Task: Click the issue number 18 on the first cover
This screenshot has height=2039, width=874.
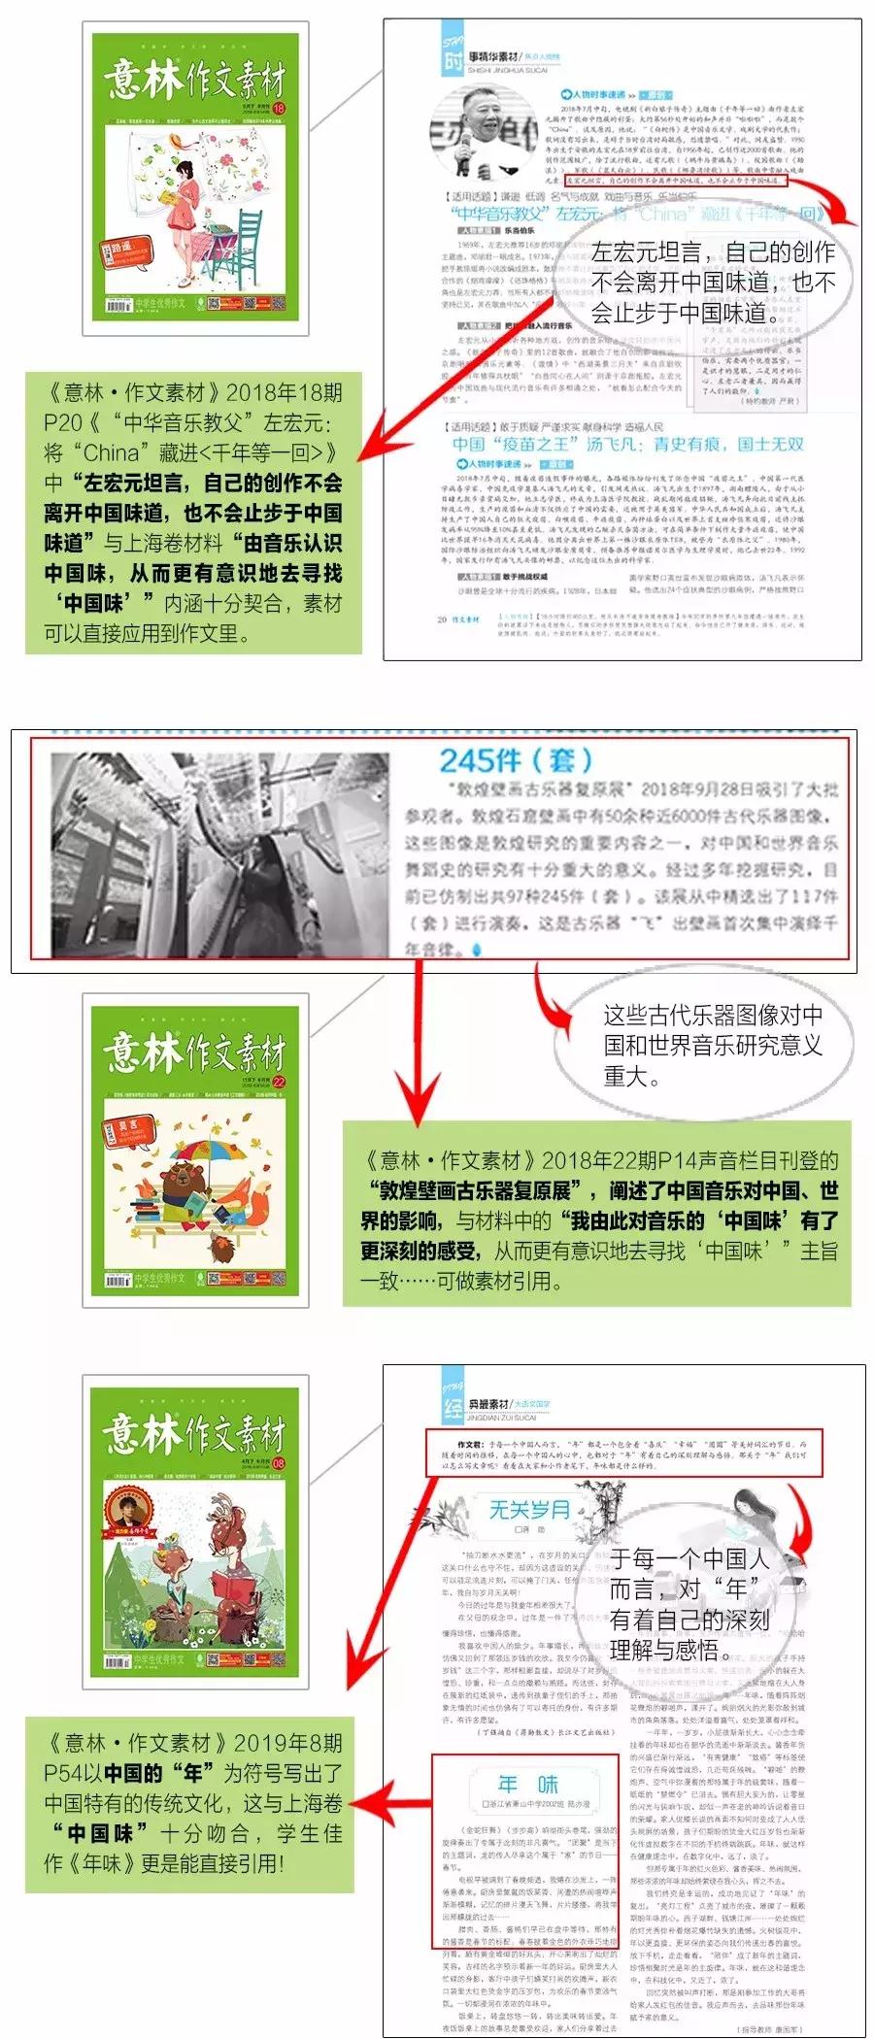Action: (280, 109)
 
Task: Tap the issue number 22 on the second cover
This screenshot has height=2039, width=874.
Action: (280, 1082)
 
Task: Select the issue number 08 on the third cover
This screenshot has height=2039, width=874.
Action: (280, 1462)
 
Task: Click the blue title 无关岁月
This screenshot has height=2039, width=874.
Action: (529, 1509)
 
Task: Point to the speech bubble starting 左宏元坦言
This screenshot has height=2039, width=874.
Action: (713, 282)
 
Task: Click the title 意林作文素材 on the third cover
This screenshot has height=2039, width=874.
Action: (194, 1433)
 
